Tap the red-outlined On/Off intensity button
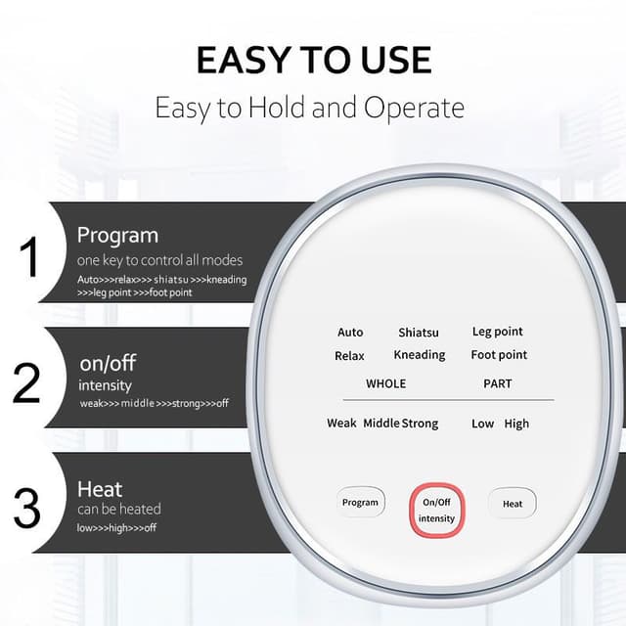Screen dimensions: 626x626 tap(437, 511)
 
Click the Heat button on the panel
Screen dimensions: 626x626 tap(513, 504)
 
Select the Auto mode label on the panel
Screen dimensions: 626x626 tap(350, 333)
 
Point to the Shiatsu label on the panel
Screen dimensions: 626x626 tap(419, 333)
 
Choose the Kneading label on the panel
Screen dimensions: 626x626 tap(420, 355)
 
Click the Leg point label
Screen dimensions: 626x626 tap(498, 332)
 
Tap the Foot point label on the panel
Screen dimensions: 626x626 tap(499, 354)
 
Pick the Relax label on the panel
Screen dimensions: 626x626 tap(349, 356)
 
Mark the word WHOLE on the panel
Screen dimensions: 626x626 tap(386, 383)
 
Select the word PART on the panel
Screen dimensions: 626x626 tap(498, 383)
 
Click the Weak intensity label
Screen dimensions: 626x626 tap(341, 423)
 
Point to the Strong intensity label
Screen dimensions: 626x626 tap(420, 424)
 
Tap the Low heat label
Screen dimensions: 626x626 tap(482, 424)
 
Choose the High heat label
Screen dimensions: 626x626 tap(516, 424)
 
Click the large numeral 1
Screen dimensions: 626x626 tap(30, 256)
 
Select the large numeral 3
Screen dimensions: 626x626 tap(26, 509)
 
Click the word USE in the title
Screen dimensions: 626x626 tap(396, 60)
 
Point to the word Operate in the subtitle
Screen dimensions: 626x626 tap(414, 108)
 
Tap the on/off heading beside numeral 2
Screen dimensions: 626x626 tap(108, 363)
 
